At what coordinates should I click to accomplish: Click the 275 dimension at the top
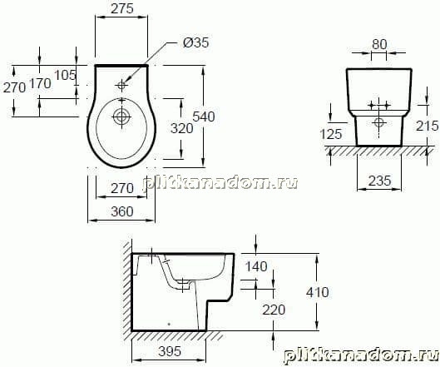(x=121, y=8)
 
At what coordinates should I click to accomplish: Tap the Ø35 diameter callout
(x=195, y=42)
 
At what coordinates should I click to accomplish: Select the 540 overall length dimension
(x=204, y=117)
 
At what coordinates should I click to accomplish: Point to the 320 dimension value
(x=182, y=129)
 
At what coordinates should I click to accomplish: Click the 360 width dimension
(x=121, y=211)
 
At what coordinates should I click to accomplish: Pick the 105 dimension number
(x=65, y=75)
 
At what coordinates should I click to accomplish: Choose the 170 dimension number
(x=41, y=83)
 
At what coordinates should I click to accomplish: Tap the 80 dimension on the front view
(x=379, y=44)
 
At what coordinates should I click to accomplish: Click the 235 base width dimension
(x=379, y=181)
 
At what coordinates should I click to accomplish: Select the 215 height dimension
(x=427, y=126)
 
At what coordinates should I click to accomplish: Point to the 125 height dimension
(x=331, y=134)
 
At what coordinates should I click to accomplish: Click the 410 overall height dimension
(x=318, y=292)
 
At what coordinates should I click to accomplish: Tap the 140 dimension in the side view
(x=256, y=266)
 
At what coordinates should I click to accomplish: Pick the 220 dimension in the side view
(x=274, y=310)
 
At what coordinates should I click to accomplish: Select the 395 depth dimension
(x=170, y=351)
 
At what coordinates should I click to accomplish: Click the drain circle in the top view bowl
(x=121, y=117)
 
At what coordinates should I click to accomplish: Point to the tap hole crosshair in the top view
(x=121, y=85)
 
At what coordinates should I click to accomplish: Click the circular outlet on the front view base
(x=379, y=122)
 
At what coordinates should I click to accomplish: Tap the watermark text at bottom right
(x=361, y=356)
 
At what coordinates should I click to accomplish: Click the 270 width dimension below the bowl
(x=121, y=188)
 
